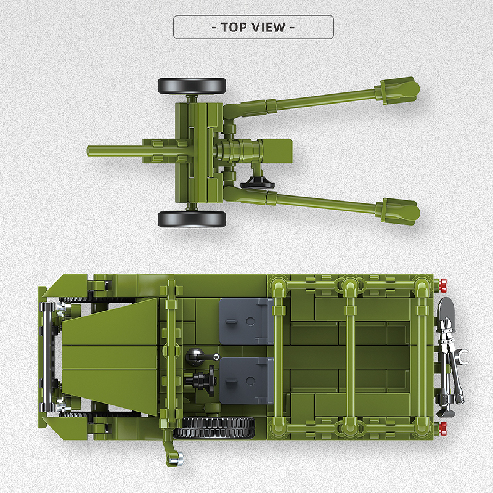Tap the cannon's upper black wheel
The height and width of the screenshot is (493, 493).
point(192,86)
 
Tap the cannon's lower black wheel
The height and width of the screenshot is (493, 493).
point(192,219)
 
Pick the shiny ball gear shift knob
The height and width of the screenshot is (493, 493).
point(194,355)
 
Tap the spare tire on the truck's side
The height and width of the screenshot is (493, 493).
point(214,427)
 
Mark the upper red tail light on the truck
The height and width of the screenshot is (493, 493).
point(441,284)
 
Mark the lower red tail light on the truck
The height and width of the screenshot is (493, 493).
point(441,426)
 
